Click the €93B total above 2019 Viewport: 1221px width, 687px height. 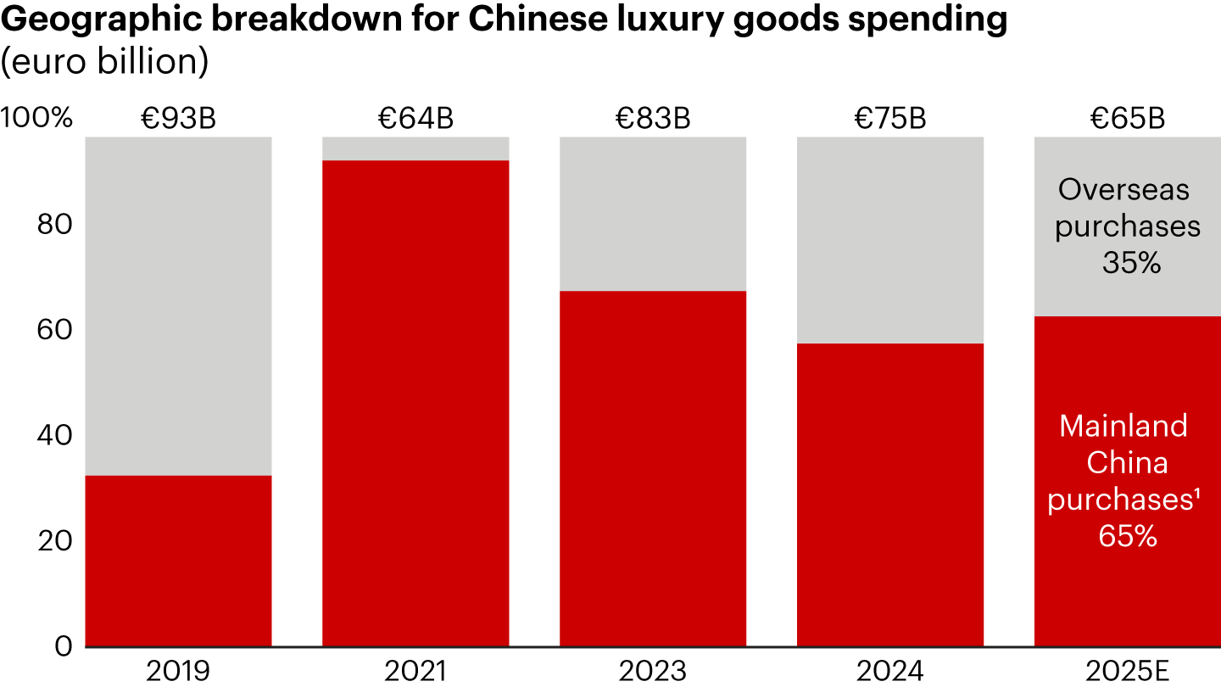[x=178, y=119]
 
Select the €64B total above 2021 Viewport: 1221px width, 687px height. [x=415, y=119]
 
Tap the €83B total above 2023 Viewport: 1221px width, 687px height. [x=653, y=119]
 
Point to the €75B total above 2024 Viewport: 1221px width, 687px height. [x=890, y=119]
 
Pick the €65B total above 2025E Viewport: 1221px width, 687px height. [x=1128, y=119]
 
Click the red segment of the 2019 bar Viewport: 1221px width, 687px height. [x=178, y=561]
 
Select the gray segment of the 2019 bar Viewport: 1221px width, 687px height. [x=178, y=305]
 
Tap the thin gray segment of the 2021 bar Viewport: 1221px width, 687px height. [x=415, y=148]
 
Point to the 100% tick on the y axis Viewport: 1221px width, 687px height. [x=37, y=119]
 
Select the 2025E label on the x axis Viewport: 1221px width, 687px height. [x=1128, y=671]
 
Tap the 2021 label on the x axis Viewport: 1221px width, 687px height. [x=415, y=671]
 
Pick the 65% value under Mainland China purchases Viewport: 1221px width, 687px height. [x=1128, y=537]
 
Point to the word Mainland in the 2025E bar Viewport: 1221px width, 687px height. [x=1123, y=425]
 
